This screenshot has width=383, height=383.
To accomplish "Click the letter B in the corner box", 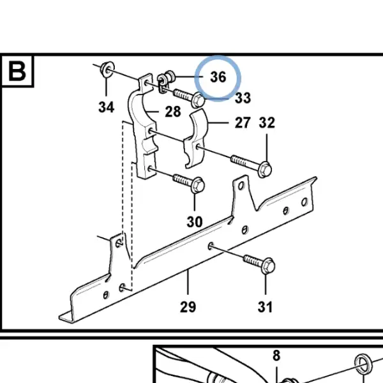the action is (17, 71).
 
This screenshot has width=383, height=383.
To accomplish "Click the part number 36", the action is (218, 77).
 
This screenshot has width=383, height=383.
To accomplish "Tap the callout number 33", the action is (243, 98).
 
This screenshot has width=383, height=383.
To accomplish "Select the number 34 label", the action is (106, 107).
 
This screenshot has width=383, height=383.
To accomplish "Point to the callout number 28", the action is (173, 112).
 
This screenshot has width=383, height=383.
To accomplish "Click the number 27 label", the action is (243, 123).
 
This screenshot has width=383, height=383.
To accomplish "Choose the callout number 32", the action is (267, 123).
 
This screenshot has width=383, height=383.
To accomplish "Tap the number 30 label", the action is (195, 222).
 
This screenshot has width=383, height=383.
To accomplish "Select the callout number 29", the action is (188, 307).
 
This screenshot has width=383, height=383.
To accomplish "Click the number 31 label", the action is (265, 307).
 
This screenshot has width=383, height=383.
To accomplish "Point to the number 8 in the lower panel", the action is (276, 356).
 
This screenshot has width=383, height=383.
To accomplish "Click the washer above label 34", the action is (107, 69).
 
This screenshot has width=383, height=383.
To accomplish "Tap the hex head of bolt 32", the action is (264, 170).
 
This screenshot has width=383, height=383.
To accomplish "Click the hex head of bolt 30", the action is (198, 185).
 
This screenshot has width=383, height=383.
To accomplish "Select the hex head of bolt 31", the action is (268, 266).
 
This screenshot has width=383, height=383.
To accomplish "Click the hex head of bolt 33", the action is (198, 100).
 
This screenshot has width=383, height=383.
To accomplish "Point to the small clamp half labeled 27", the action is (195, 139).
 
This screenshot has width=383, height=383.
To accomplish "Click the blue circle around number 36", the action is (218, 78).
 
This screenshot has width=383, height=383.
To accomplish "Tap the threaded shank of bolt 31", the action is (253, 260).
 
